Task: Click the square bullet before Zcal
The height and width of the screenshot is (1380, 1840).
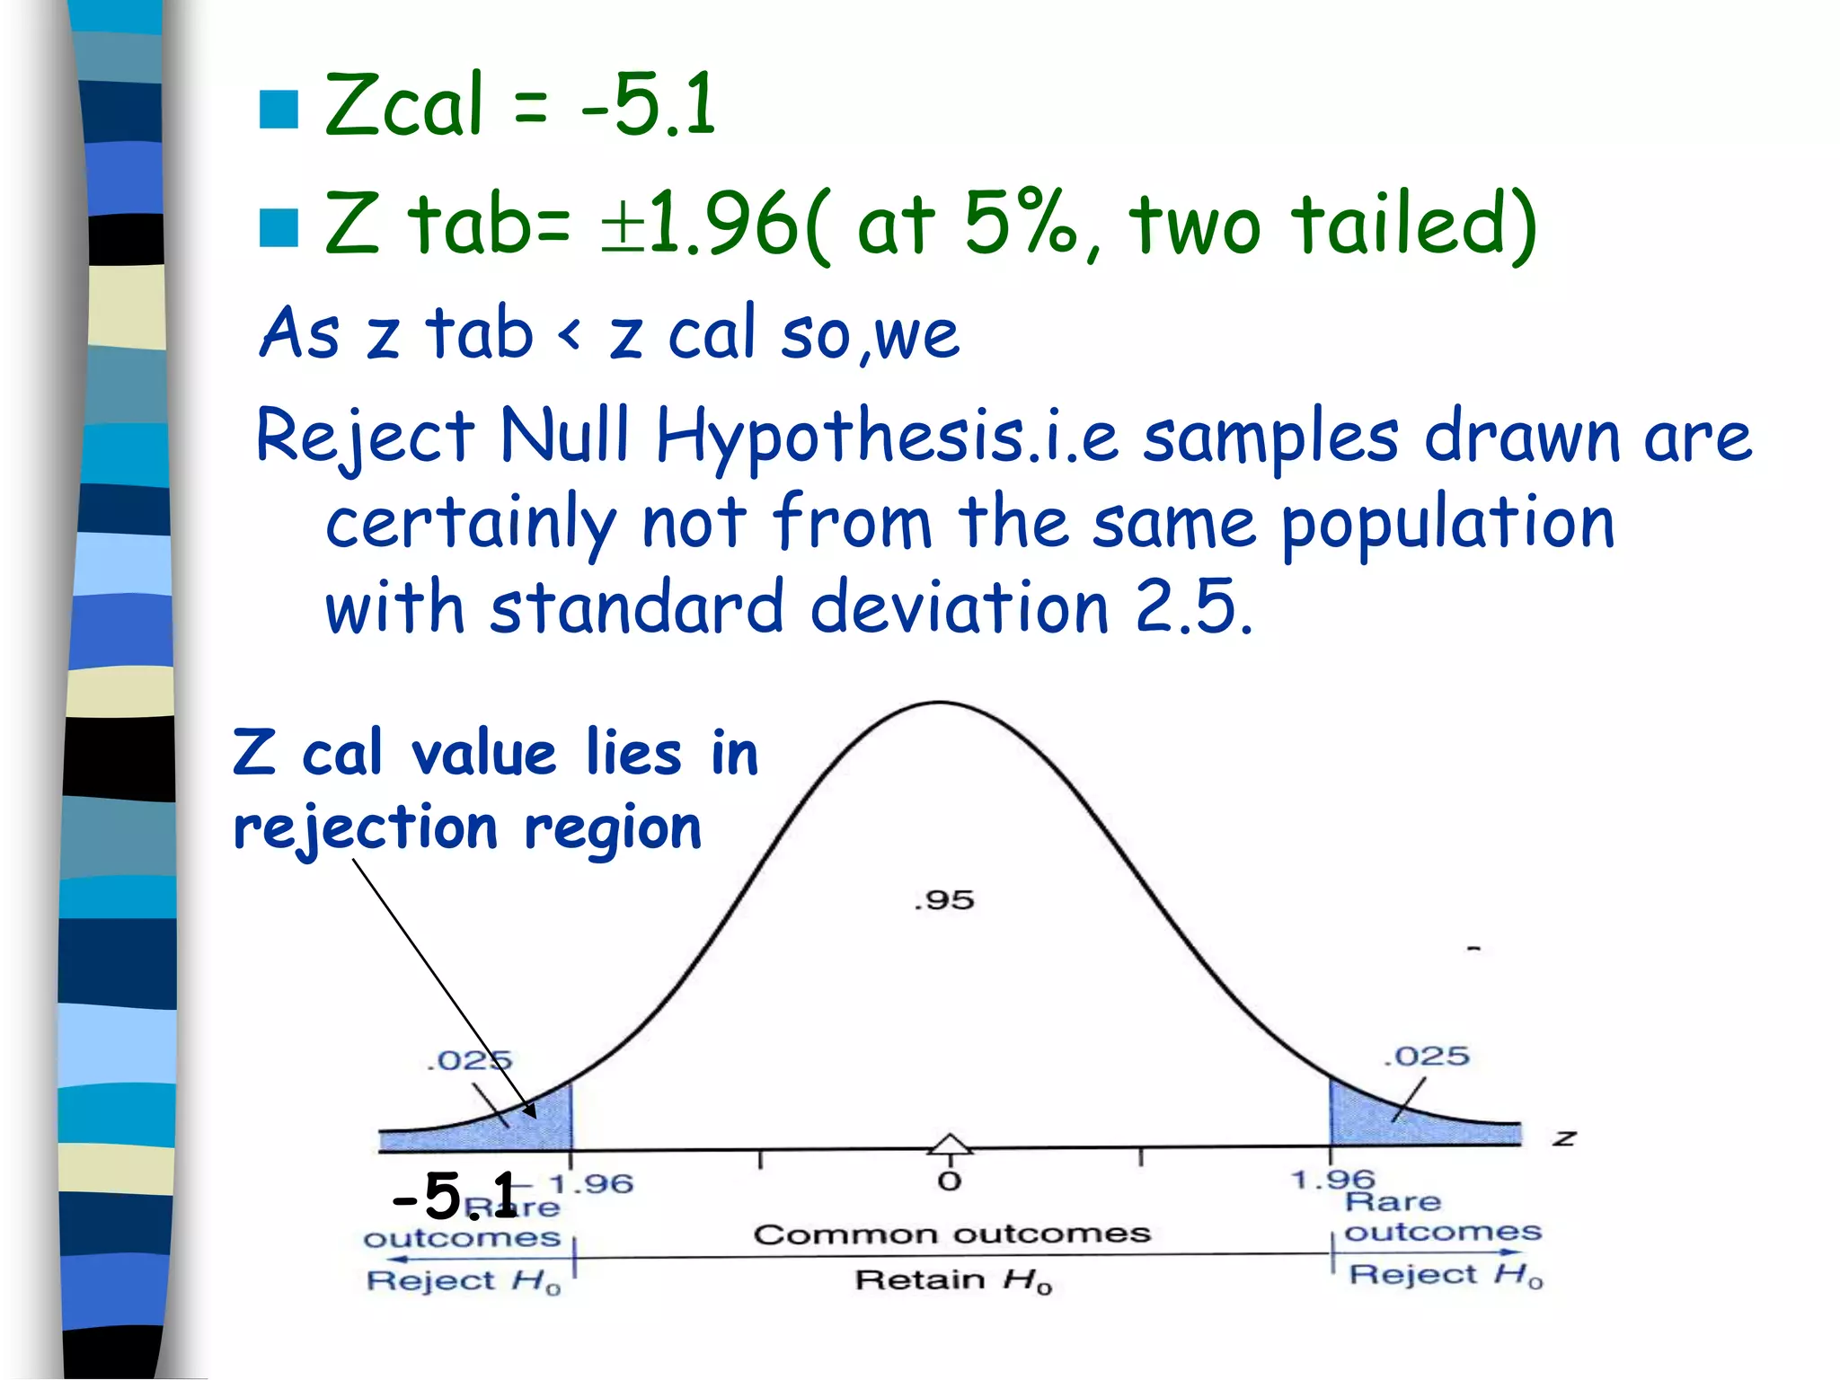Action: click(x=279, y=110)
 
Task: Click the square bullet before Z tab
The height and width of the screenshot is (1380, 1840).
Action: click(x=279, y=227)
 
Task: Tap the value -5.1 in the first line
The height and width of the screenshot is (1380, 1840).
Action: click(x=649, y=105)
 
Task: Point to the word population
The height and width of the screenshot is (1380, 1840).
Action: click(x=1447, y=525)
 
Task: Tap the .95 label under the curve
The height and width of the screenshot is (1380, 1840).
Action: click(x=943, y=900)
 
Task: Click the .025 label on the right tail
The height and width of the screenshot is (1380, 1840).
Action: click(x=1426, y=1057)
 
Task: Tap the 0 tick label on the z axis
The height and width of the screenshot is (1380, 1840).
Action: click(x=950, y=1181)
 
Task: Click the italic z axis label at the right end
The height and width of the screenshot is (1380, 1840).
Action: click(x=1564, y=1139)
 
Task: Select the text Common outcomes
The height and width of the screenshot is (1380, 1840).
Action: click(x=951, y=1234)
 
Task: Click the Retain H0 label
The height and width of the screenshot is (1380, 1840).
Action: click(x=952, y=1279)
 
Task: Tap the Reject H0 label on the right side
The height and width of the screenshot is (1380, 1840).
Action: click(x=1445, y=1275)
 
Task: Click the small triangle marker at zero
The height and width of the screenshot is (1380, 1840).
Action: click(x=950, y=1144)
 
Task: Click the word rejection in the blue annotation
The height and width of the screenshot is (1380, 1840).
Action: click(x=365, y=828)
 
